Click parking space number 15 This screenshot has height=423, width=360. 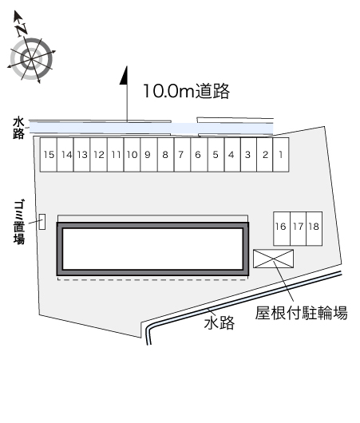coord(49,155)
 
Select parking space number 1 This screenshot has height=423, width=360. coord(281,155)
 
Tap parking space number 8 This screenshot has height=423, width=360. coord(165,155)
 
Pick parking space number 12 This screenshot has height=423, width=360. coord(99,155)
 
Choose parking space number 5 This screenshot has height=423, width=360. coord(216,155)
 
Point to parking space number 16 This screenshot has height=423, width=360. coord(282,228)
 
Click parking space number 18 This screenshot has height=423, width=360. coord(315,228)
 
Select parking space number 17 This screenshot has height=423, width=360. coord(299,228)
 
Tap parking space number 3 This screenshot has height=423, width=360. coord(248,155)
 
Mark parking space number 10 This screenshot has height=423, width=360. coord(133,155)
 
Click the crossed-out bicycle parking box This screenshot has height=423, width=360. coord(273,259)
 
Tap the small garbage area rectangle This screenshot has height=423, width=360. coord(42,222)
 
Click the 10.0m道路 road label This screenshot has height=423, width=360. coord(187,91)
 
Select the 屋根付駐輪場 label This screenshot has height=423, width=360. coord(302,313)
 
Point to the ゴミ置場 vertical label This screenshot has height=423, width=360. coord(19,222)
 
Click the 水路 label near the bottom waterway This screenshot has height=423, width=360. coord(220,322)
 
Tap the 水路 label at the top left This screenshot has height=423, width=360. coord(18,128)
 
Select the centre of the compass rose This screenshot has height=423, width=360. coord(31,59)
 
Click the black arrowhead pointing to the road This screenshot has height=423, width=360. coord(124,76)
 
